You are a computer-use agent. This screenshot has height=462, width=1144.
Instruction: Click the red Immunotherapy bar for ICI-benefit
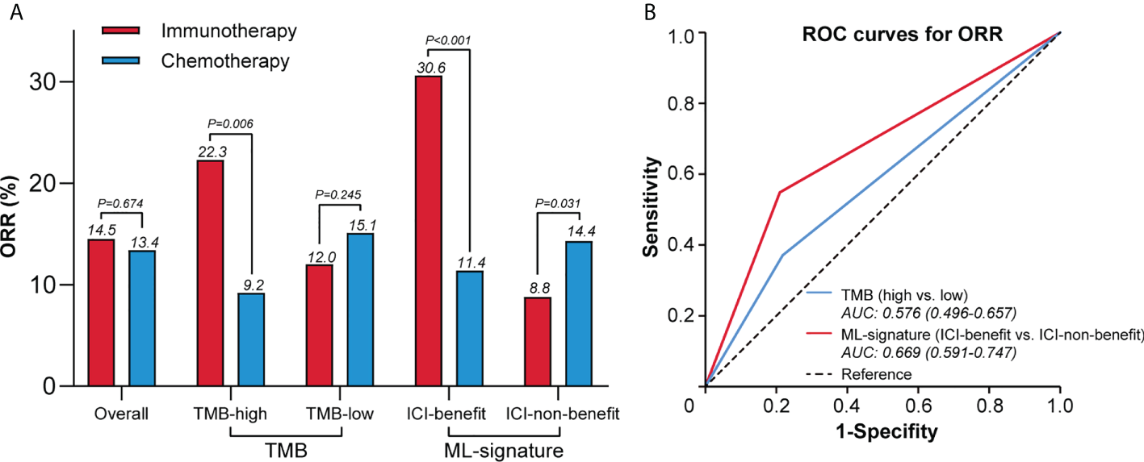click(x=429, y=231)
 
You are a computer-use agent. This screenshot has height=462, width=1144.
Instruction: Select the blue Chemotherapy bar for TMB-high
click(x=251, y=339)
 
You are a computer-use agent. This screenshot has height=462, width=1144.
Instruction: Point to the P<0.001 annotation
click(x=447, y=40)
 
